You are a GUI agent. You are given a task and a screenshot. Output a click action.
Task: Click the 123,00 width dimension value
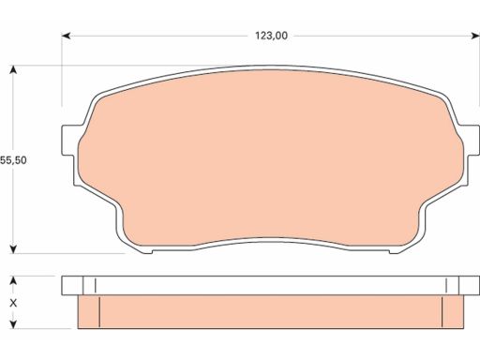271,36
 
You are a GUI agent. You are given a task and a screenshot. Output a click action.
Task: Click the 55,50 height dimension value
13,160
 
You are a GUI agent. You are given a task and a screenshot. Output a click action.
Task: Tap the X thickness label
13,303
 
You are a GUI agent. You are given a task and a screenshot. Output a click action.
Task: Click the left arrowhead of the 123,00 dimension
66,36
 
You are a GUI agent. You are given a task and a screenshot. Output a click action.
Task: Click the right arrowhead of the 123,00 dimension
475,36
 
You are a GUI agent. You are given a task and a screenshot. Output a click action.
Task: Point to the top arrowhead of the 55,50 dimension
13,69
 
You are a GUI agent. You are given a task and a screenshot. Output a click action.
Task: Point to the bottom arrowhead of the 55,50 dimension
13,249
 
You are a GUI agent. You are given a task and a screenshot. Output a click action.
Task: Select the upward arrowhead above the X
13,280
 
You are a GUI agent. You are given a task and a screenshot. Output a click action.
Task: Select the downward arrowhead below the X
13,324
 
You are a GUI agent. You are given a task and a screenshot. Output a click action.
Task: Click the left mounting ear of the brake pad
69,140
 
